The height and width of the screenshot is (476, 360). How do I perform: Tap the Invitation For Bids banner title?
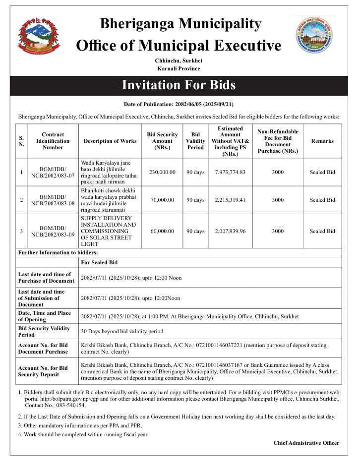(x=179, y=85)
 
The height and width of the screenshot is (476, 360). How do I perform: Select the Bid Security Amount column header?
(x=162, y=141)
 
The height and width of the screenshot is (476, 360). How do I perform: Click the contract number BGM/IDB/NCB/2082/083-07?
(x=53, y=172)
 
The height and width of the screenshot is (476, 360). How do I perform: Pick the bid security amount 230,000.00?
(x=162, y=172)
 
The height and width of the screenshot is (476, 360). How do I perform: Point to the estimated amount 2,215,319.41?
(x=231, y=200)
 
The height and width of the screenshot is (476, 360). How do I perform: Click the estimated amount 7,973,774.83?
(x=231, y=172)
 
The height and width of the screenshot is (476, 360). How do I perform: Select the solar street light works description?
(x=108, y=231)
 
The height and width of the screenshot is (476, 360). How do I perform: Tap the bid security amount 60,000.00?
(x=162, y=231)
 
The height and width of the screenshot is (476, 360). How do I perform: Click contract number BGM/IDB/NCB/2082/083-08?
(x=53, y=200)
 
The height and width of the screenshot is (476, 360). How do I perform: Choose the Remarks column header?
(x=322, y=141)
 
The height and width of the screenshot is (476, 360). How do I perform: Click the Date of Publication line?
(x=180, y=105)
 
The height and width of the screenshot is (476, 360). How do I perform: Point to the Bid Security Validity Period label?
(x=41, y=331)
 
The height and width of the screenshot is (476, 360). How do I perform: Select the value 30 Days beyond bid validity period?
(x=122, y=331)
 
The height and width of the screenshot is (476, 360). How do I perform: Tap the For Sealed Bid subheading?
(x=99, y=262)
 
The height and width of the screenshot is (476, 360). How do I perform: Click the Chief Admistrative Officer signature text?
(x=306, y=443)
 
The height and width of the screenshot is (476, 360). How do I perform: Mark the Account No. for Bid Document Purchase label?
(x=43, y=348)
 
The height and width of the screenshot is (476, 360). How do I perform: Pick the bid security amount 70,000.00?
(x=162, y=200)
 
